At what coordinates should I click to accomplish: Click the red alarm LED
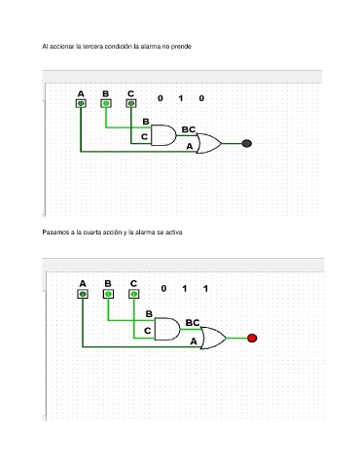[x=252, y=338]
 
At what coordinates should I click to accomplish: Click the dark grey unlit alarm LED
[x=247, y=143]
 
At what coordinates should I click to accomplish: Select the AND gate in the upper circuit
[x=163, y=135]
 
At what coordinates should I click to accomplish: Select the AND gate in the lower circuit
[x=167, y=329]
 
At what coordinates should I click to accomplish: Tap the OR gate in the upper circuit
[x=209, y=143]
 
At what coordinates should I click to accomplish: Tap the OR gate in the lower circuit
[x=213, y=338]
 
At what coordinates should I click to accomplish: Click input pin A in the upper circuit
[x=81, y=103]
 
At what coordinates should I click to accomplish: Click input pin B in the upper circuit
[x=106, y=103]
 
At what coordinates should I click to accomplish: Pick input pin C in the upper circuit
[x=130, y=103]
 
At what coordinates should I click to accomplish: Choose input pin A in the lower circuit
[x=83, y=294]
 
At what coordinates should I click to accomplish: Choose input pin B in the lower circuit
[x=108, y=294]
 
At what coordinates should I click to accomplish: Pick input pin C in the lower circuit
[x=134, y=294]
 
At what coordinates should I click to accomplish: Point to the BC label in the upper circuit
[x=189, y=129]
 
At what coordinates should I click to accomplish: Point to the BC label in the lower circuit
[x=193, y=323]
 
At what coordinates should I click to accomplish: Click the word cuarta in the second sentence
[x=92, y=233]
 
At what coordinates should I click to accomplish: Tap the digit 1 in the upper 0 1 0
[x=181, y=98]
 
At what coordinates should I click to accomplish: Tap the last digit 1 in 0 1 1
[x=205, y=288]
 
